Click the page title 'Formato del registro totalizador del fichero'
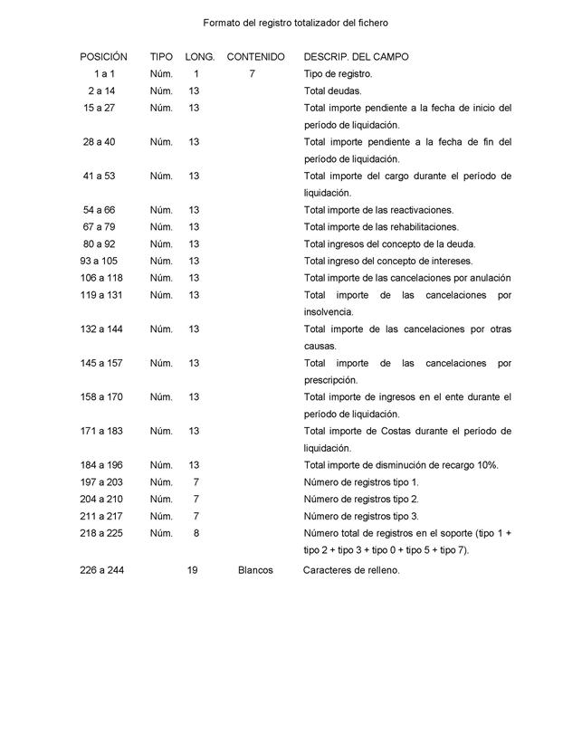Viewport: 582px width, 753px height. (x=295, y=22)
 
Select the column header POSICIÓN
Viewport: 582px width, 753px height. (x=103, y=57)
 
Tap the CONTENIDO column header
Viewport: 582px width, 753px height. (x=255, y=57)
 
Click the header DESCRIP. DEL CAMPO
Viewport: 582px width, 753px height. (x=356, y=57)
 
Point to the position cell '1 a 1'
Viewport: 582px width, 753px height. (x=104, y=74)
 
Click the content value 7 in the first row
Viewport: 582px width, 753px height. (x=253, y=74)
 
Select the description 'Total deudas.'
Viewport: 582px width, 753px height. (x=332, y=91)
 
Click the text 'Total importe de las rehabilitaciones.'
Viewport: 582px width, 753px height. (x=381, y=227)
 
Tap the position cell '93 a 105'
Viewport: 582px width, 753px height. (x=100, y=262)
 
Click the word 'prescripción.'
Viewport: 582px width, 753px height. (x=330, y=380)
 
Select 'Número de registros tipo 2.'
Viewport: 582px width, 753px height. (x=361, y=500)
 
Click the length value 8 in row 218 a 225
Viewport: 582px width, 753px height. (x=196, y=533)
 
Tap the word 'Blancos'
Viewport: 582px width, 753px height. (x=255, y=571)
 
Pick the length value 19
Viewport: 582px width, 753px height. (x=193, y=571)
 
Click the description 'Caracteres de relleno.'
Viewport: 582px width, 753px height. (x=350, y=571)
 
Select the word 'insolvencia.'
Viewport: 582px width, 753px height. (x=329, y=312)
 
